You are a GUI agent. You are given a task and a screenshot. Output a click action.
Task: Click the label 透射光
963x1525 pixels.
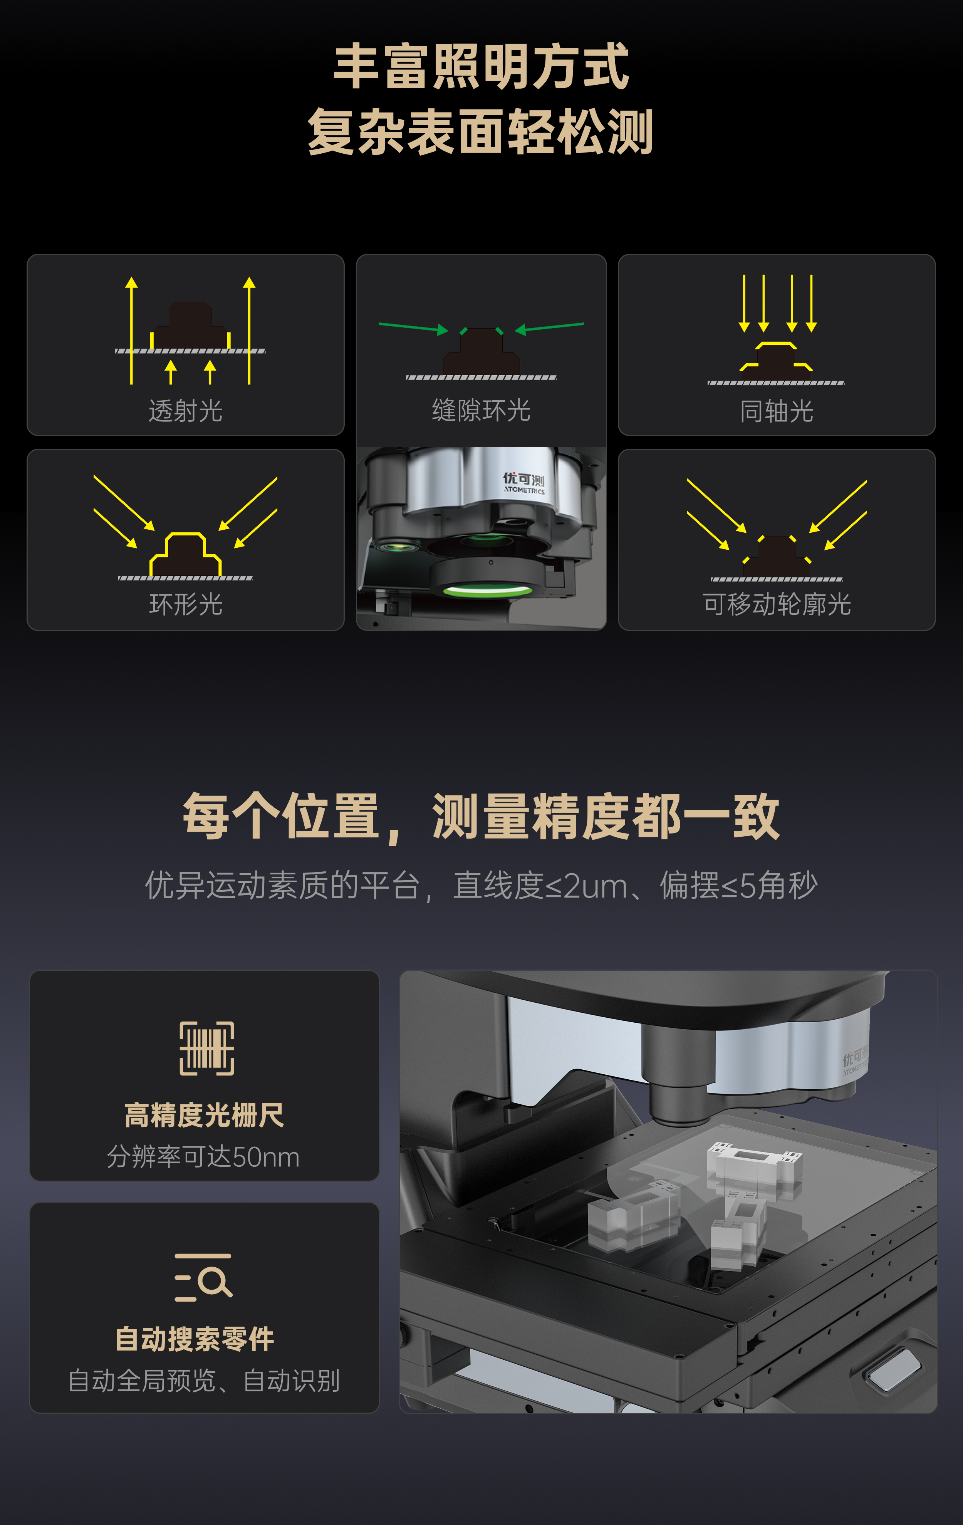point(186,410)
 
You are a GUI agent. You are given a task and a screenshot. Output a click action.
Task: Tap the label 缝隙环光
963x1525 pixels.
point(481,410)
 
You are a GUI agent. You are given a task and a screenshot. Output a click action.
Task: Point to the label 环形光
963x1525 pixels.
point(186,604)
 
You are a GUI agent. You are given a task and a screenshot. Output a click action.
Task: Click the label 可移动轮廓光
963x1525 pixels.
point(777,604)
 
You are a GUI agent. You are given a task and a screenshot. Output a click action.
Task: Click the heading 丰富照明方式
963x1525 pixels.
point(481,67)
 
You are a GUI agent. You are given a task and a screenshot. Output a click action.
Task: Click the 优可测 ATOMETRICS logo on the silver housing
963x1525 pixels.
point(524,483)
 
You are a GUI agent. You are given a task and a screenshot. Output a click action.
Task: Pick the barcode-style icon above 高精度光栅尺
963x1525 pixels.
point(207,1048)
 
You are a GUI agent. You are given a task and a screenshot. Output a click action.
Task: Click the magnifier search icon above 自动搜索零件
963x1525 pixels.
point(203,1277)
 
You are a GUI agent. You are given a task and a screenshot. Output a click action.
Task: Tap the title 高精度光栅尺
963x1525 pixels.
point(205,1115)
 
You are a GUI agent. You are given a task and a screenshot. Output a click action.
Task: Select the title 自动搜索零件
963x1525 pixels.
point(195,1339)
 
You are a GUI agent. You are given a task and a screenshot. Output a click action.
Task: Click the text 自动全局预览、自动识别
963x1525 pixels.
point(204,1381)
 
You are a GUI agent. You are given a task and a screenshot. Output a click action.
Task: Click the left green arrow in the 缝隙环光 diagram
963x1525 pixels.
point(413,327)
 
